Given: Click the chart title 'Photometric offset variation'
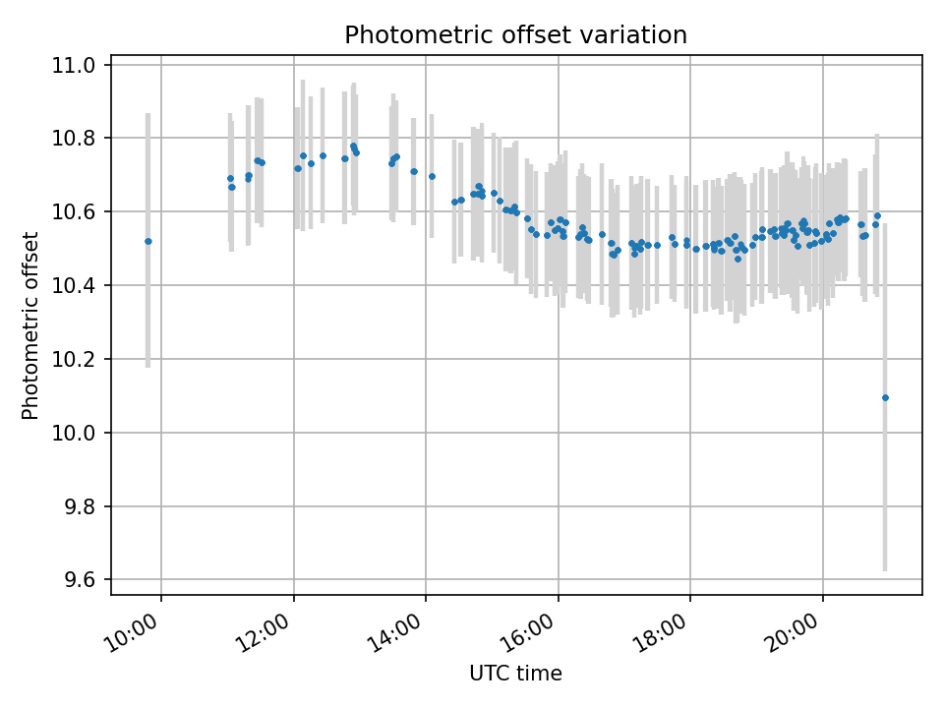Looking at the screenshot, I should pos(515,35).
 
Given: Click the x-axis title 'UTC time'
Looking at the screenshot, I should pos(515,674).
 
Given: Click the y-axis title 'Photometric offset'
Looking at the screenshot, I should pos(30,325).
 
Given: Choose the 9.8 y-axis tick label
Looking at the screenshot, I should pos(79,507).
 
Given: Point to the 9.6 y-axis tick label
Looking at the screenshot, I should pos(79,580).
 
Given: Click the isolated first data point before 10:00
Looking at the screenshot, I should pos(147,241).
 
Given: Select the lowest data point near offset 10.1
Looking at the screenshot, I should pos(885,397).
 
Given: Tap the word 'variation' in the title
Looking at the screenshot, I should pos(639,35).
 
